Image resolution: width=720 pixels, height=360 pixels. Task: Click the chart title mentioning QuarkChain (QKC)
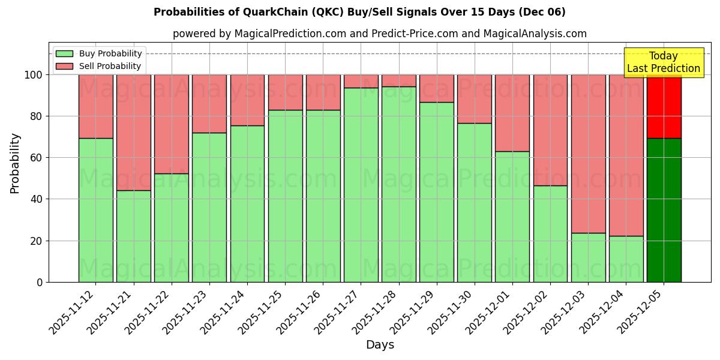359,12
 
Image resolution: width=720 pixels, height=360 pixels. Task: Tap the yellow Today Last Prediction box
663,62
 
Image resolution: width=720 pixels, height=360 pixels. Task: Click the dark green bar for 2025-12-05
664,210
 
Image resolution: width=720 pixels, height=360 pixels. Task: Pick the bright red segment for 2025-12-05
664,106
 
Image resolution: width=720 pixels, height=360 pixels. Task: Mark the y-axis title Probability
15,163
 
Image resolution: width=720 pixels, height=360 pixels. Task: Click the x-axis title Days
380,345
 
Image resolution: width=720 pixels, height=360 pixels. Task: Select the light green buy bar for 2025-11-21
134,236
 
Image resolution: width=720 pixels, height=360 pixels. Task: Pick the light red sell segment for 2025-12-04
626,155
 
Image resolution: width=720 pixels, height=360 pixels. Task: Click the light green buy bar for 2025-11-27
361,185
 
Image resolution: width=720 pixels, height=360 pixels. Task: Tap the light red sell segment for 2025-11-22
172,124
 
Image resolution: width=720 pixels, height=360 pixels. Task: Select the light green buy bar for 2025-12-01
512,217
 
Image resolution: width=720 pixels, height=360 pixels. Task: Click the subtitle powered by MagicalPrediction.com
379,34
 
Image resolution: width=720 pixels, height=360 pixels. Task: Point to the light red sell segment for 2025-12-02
550,130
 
